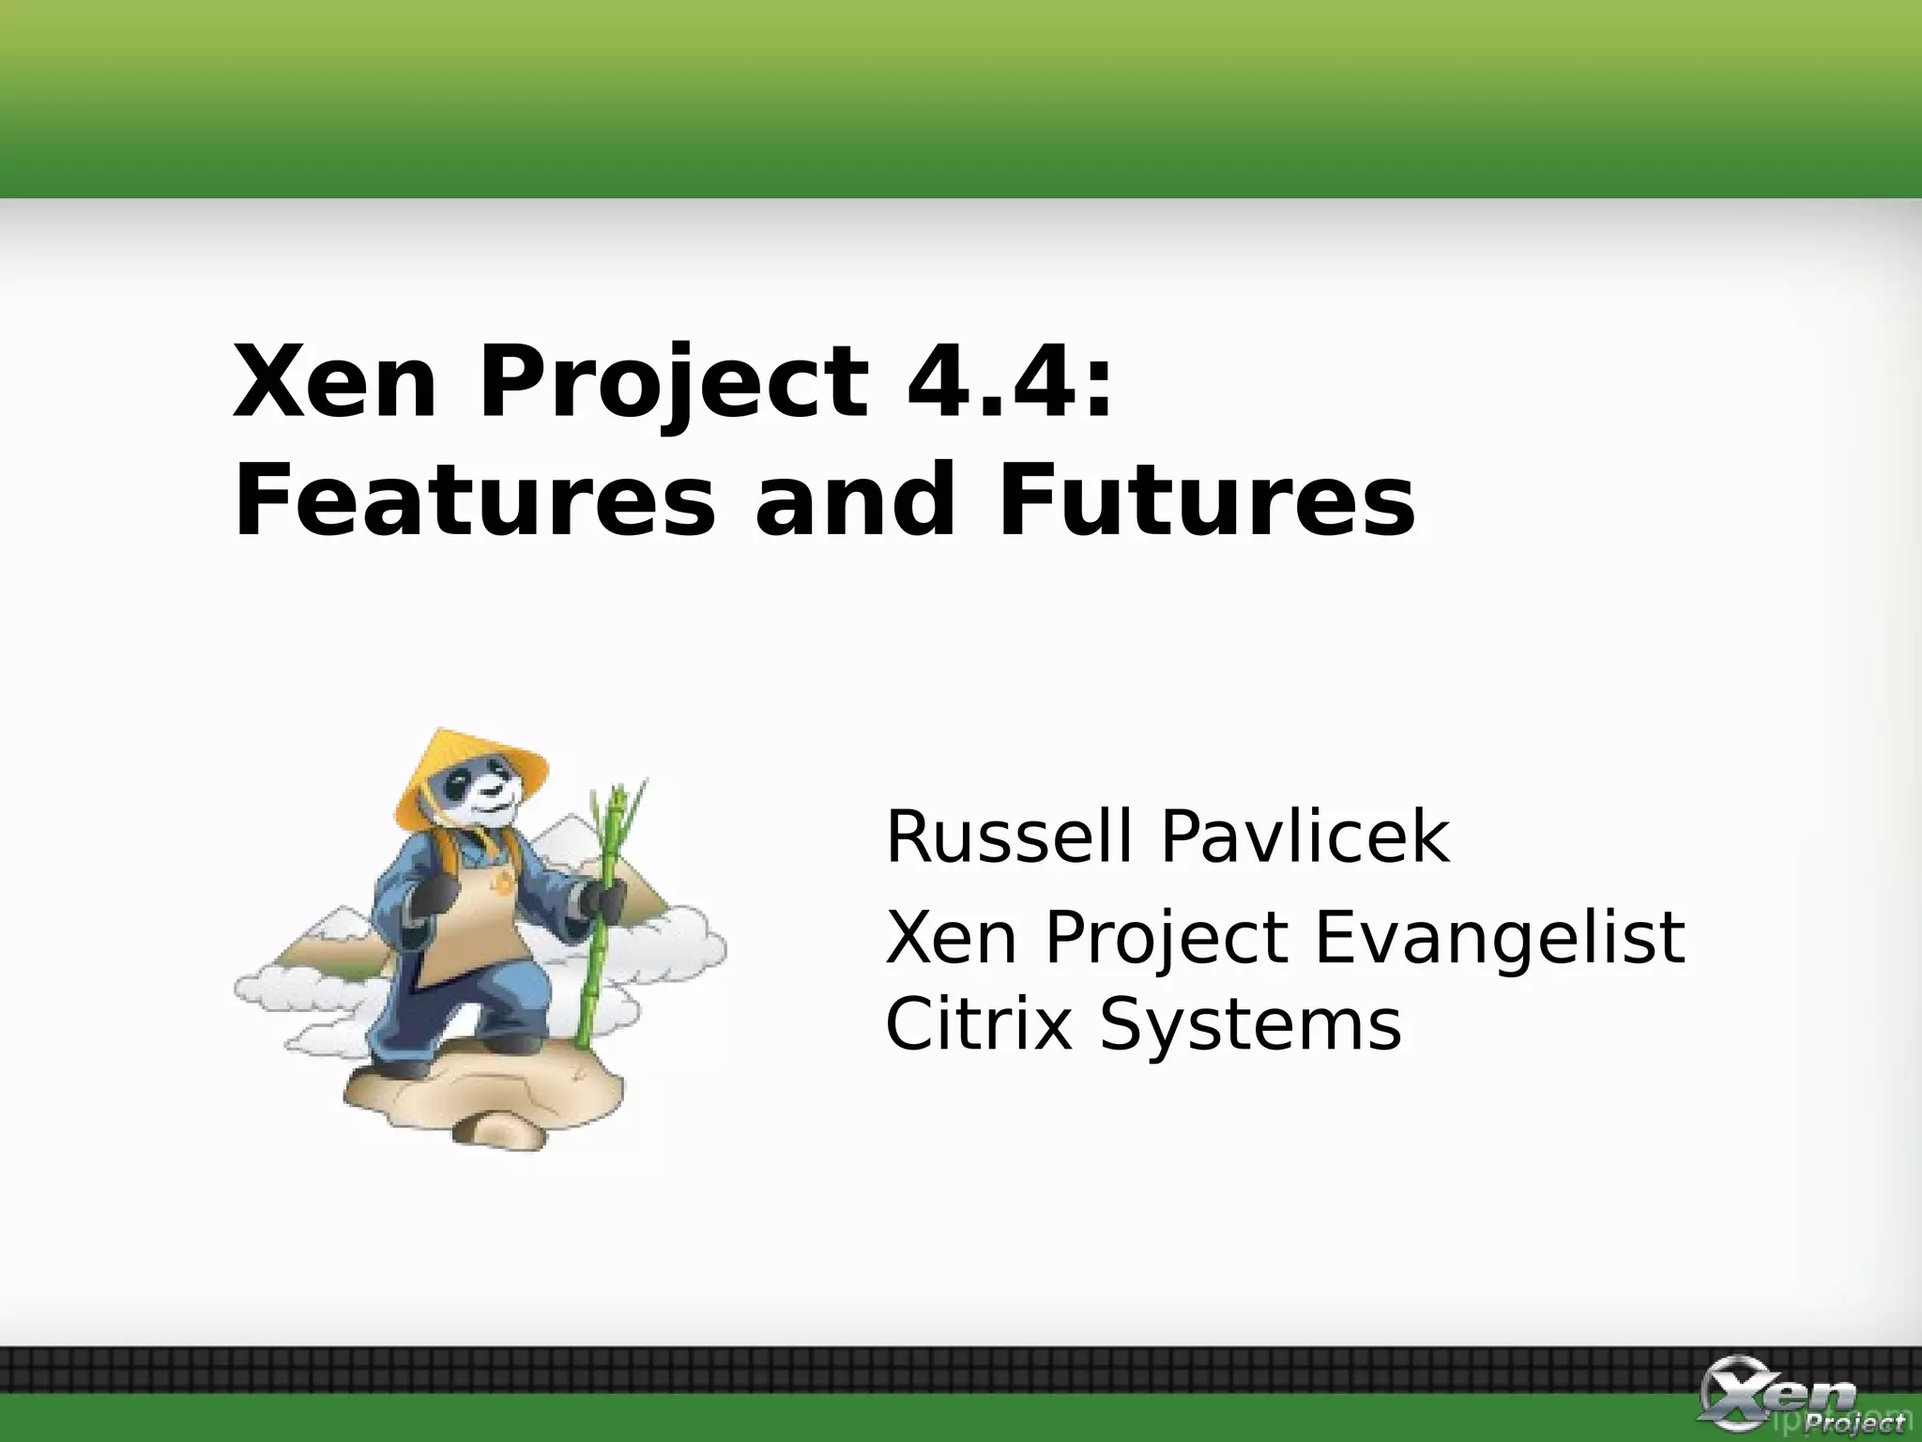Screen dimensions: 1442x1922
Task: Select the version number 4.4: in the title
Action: click(x=1009, y=383)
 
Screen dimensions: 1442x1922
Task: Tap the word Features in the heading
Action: click(x=474, y=502)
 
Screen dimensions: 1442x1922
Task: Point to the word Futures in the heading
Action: click(x=1206, y=502)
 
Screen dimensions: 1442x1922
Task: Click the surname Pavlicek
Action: click(x=1304, y=836)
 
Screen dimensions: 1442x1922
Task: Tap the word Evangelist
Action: click(x=1499, y=938)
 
